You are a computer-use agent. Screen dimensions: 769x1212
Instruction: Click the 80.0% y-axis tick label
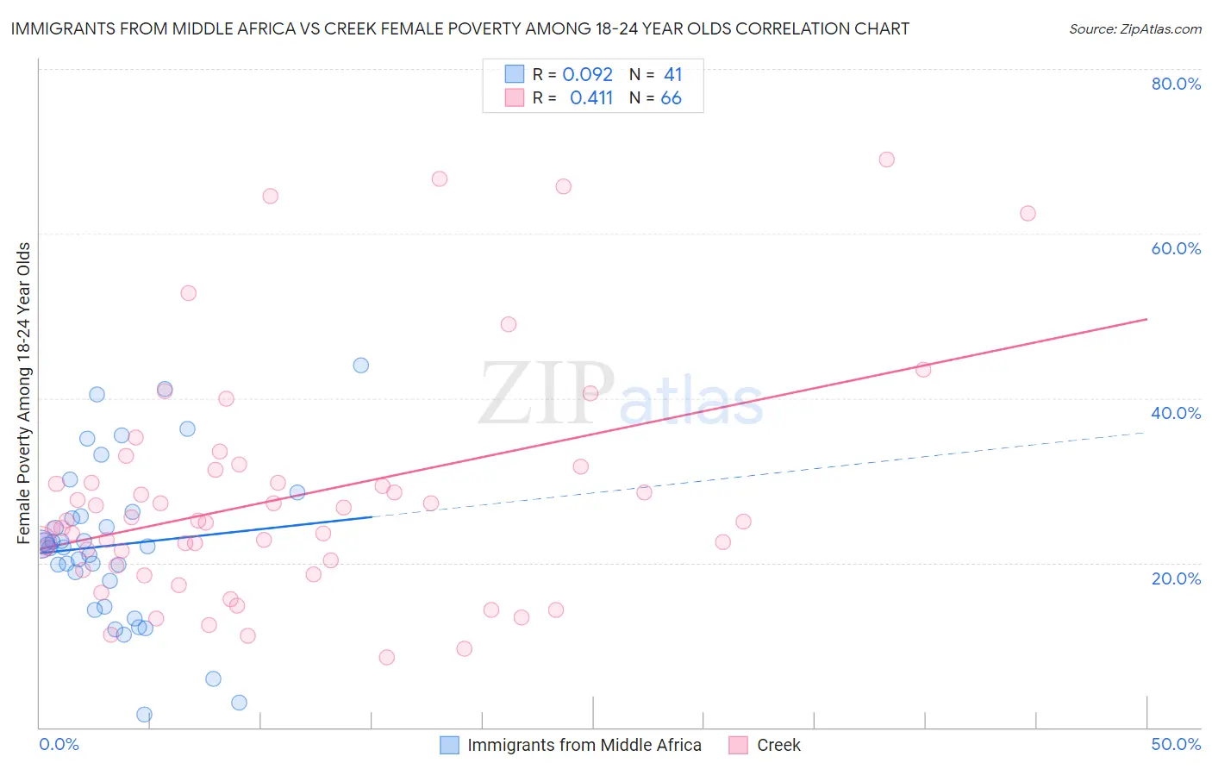click(x=1176, y=84)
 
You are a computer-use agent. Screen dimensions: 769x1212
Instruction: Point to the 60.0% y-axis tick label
click(x=1176, y=248)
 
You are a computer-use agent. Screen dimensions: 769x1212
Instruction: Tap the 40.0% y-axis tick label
click(x=1176, y=413)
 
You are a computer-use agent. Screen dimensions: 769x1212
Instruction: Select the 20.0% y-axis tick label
click(x=1176, y=578)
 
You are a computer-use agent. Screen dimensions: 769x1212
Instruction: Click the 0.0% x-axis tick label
click(x=59, y=744)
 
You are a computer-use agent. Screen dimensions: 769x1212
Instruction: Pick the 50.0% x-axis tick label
click(x=1176, y=744)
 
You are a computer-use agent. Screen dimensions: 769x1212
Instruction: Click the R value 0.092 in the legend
click(x=587, y=75)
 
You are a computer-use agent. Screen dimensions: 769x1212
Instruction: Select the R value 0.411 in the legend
click(x=590, y=98)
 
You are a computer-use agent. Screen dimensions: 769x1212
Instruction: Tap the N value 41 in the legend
click(x=672, y=75)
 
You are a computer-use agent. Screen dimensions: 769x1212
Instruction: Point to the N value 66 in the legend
click(x=671, y=98)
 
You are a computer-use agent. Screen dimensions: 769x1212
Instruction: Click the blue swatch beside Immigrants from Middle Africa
click(x=449, y=745)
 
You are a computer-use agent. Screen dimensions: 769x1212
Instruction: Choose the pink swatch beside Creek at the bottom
click(x=738, y=745)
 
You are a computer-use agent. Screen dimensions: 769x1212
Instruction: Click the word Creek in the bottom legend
click(x=778, y=745)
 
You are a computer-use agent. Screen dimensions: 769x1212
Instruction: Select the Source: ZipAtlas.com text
click(x=1134, y=29)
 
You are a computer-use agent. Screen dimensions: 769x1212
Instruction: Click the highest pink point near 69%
click(x=886, y=159)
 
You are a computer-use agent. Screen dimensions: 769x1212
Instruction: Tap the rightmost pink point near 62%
click(x=1028, y=214)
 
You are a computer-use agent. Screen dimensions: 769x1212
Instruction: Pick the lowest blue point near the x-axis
click(x=144, y=715)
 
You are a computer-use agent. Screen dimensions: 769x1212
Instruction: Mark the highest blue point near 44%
click(x=361, y=366)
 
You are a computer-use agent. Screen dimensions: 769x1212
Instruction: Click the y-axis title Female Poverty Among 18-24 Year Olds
click(x=24, y=393)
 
